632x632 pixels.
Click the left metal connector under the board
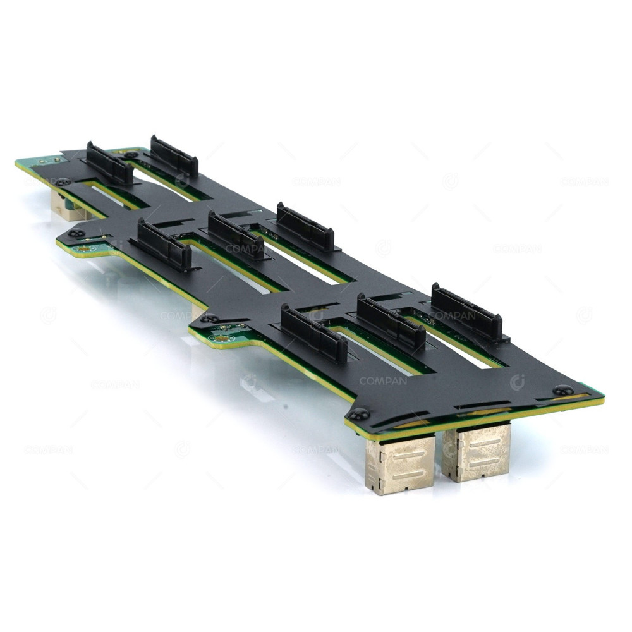[399, 465]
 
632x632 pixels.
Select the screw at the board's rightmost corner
[562, 391]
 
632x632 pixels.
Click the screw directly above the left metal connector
[360, 414]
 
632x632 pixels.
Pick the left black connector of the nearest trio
[314, 333]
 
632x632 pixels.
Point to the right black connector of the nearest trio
[467, 311]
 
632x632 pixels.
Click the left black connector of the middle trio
[165, 245]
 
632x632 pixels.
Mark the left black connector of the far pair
[109, 164]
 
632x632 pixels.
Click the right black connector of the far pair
[174, 156]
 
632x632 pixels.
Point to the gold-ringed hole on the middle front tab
[221, 338]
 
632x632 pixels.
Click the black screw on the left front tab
[76, 233]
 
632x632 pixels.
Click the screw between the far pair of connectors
[131, 154]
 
